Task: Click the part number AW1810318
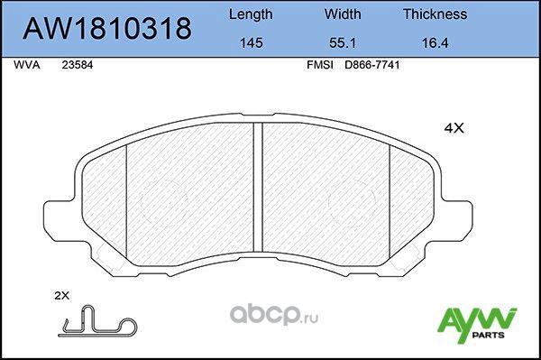coord(105,29)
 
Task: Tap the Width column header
coord(342,14)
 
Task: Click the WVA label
coord(27,66)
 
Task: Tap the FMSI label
coord(322,66)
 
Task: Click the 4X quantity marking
coord(453,128)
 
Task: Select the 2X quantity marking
coord(62,296)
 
